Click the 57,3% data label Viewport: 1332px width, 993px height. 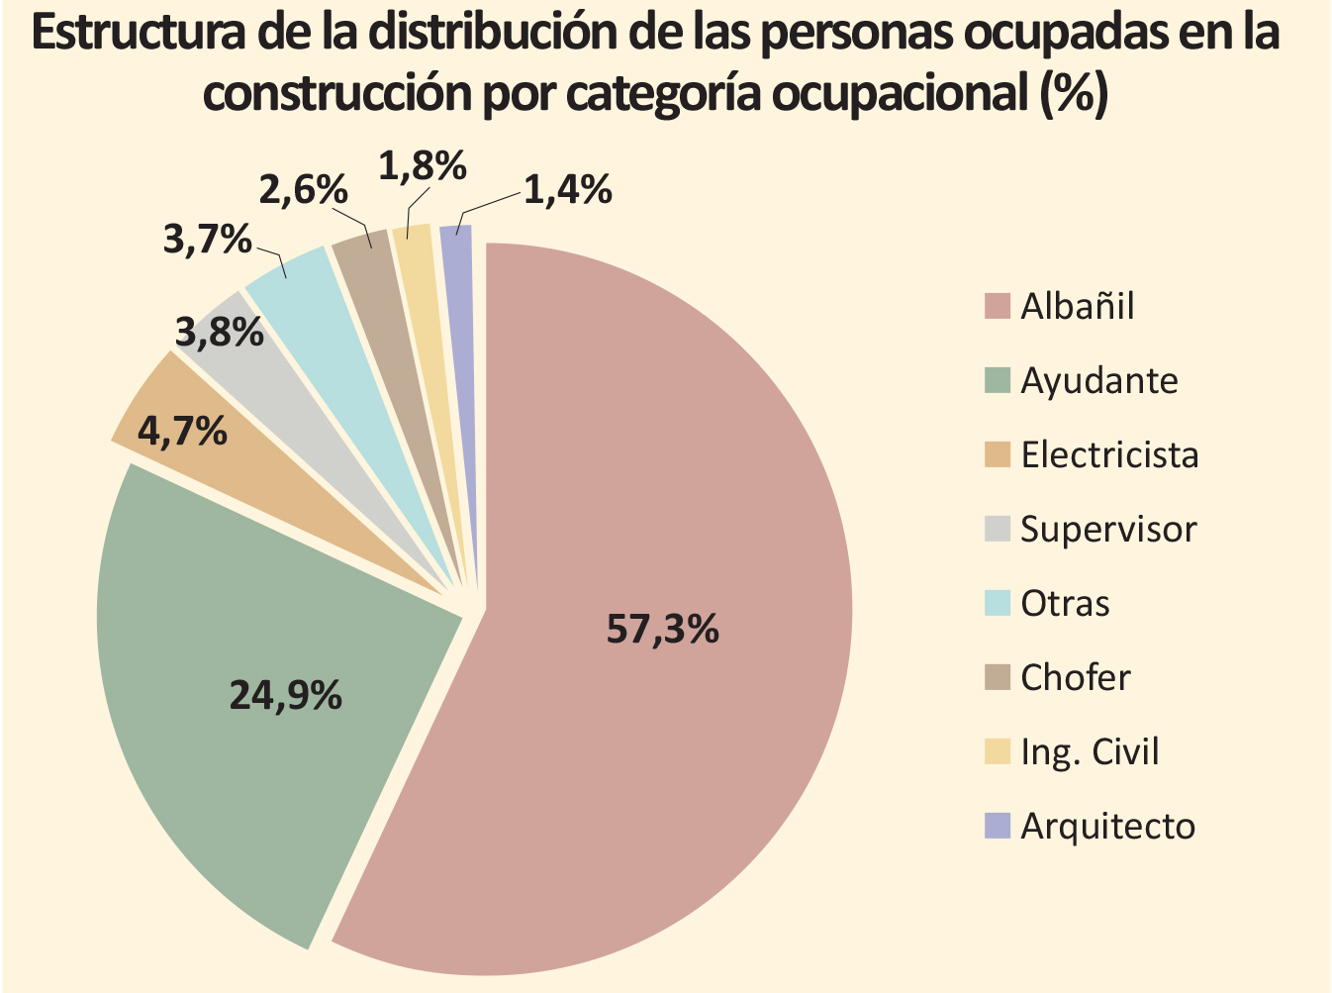click(662, 629)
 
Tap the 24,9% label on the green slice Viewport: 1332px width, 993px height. click(285, 695)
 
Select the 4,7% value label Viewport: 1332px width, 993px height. click(182, 432)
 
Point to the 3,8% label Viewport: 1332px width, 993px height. click(220, 333)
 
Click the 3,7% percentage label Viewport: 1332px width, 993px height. click(207, 239)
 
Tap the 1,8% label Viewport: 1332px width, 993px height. click(423, 165)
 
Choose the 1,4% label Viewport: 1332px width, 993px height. click(567, 189)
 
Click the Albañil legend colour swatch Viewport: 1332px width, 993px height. click(998, 306)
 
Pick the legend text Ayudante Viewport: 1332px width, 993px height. click(1099, 381)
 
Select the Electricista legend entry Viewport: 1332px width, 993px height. click(1109, 455)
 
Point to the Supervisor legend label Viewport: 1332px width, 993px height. click(1108, 530)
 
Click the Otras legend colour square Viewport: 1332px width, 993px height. click(998, 603)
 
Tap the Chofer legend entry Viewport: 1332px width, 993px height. click(1075, 678)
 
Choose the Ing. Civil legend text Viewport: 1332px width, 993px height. click(1090, 752)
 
